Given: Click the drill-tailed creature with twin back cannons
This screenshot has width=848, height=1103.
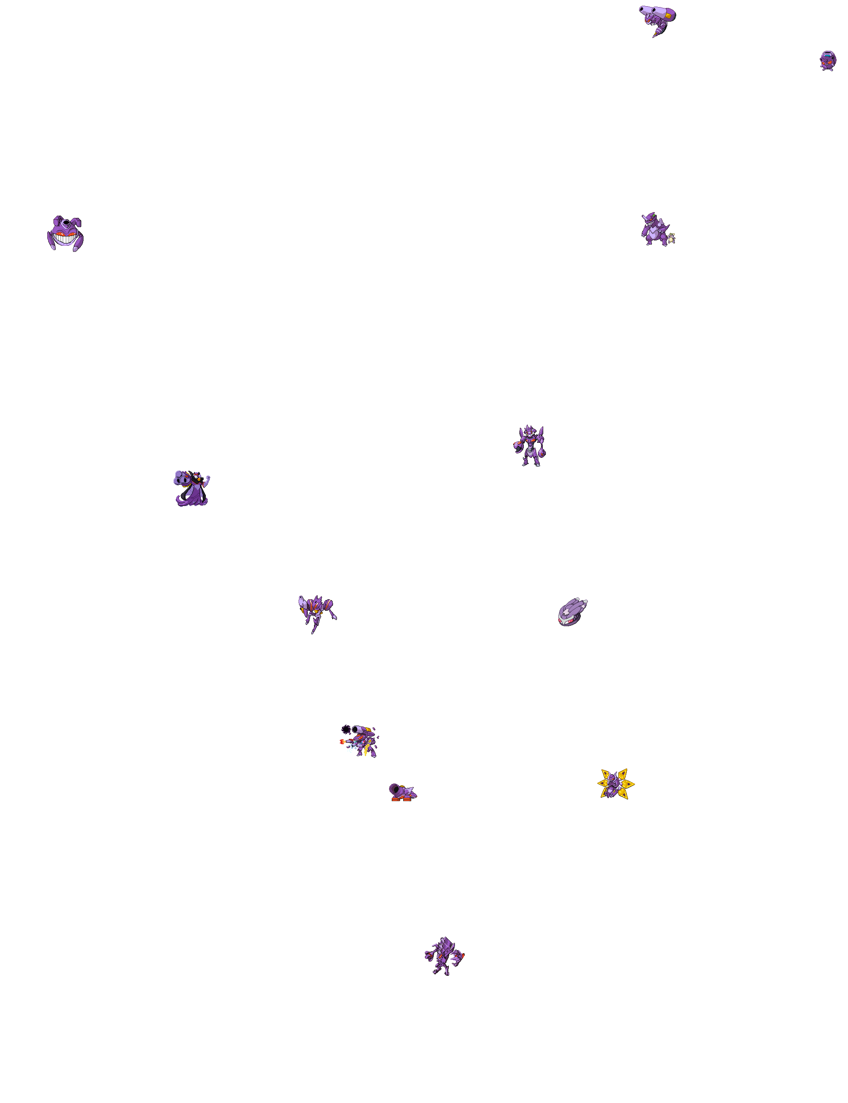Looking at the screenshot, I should click(657, 20).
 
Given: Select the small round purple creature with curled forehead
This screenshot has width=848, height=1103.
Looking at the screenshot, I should click(827, 61).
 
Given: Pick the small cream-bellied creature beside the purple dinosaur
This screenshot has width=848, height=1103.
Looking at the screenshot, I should click(671, 238).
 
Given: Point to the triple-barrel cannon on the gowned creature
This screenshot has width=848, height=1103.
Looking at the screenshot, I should click(180, 477).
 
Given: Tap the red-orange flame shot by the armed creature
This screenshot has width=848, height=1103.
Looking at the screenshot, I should click(343, 742).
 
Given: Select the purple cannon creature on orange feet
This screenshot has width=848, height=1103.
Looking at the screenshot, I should click(402, 792).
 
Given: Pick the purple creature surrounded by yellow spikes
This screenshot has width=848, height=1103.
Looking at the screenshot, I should click(615, 784).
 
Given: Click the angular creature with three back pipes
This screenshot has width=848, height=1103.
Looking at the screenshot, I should click(444, 955).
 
